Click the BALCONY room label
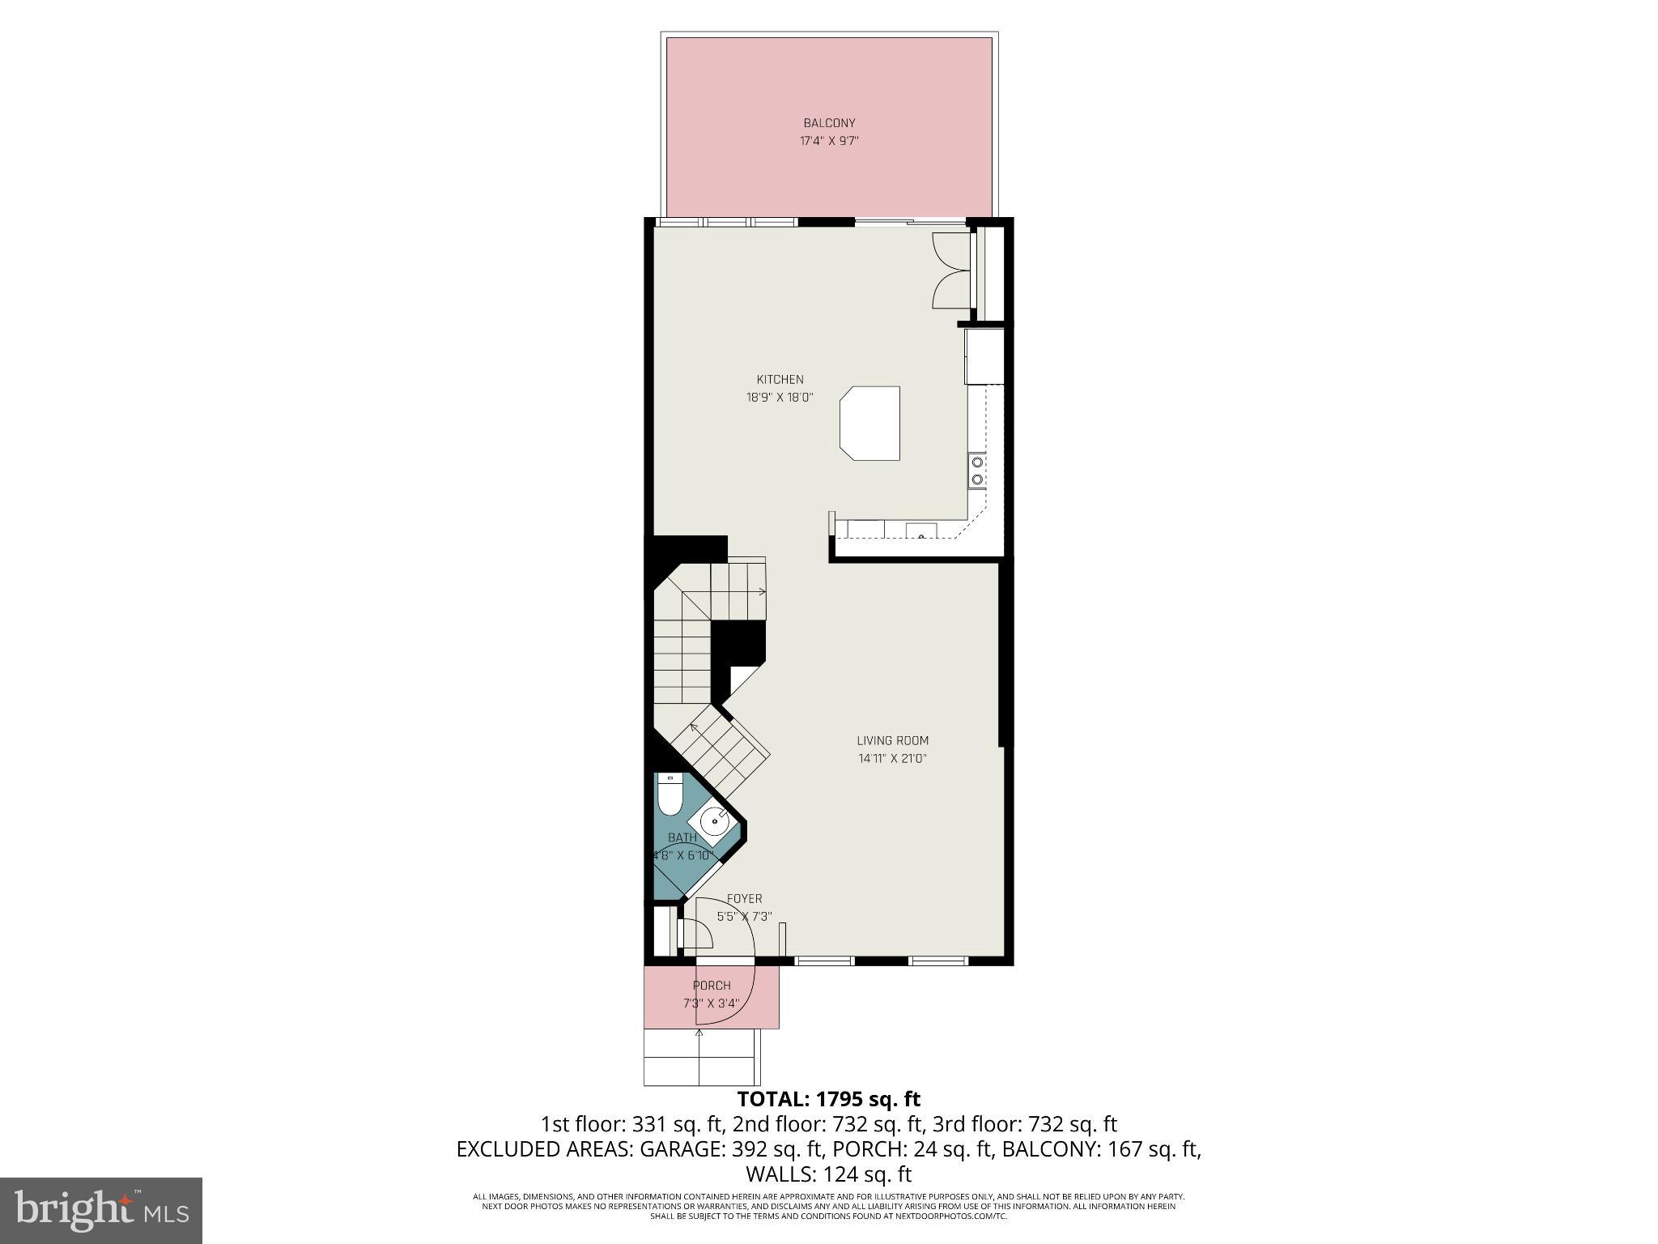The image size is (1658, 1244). (829, 123)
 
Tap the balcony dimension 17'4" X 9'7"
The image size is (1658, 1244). (829, 141)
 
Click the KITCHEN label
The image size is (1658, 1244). (780, 379)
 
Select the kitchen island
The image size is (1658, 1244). (870, 423)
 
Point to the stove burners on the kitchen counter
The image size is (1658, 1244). (977, 471)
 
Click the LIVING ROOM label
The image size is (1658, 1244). (892, 740)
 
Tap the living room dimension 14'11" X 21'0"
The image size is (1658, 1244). (892, 759)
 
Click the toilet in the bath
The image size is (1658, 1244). (670, 795)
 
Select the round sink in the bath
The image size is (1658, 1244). (714, 823)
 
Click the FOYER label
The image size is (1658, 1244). (744, 899)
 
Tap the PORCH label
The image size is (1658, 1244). (712, 986)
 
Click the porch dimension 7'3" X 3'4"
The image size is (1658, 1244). (712, 1003)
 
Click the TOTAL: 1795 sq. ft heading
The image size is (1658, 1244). (828, 1099)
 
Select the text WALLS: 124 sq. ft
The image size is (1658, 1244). (828, 1174)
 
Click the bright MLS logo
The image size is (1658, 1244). (101, 1211)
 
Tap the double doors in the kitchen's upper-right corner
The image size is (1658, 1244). (951, 271)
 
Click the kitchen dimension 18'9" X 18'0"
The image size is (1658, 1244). (780, 398)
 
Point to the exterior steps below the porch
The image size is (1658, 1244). (701, 1058)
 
